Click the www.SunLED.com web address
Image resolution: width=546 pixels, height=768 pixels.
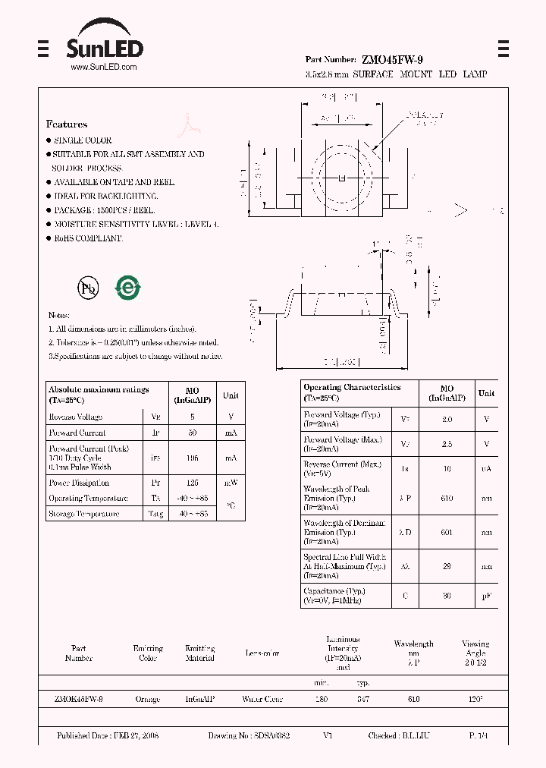[103, 68]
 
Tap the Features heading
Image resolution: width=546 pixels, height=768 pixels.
[67, 124]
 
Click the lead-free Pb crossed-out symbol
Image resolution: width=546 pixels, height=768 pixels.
[86, 288]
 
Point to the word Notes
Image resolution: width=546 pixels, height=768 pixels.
[58, 315]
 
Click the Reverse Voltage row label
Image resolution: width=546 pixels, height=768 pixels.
[76, 417]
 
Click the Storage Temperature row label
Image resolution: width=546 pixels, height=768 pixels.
[83, 514]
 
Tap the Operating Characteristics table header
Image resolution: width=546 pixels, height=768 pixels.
[352, 388]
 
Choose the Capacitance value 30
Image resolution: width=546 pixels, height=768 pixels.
[447, 596]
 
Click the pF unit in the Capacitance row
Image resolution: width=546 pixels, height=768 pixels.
[486, 596]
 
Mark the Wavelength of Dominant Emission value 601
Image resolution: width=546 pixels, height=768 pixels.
[447, 533]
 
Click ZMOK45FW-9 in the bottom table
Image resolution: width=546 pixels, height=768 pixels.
[79, 699]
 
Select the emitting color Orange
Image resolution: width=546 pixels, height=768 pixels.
[147, 699]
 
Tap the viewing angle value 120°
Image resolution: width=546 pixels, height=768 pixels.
[475, 699]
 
